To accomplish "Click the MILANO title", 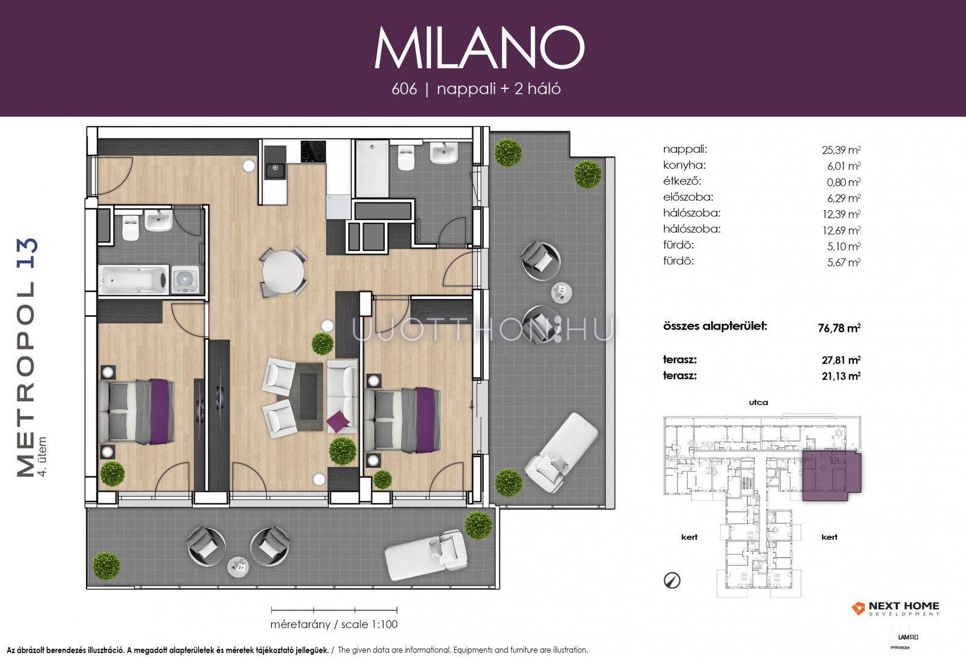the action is pyautogui.click(x=479, y=48).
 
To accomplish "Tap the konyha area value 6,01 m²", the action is pyautogui.click(x=843, y=166).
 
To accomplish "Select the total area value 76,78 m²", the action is pyautogui.click(x=839, y=328).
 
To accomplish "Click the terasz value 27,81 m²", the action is pyautogui.click(x=841, y=359).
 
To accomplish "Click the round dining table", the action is pyautogui.click(x=283, y=272).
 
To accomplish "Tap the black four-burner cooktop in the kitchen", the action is pyautogui.click(x=313, y=151).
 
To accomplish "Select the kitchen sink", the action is pyautogui.click(x=275, y=171).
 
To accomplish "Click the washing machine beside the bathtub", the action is pyautogui.click(x=185, y=280).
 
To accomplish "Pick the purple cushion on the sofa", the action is pyautogui.click(x=338, y=421).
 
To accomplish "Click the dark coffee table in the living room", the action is pyautogui.click(x=308, y=396).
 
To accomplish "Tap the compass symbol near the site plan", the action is pyautogui.click(x=672, y=581).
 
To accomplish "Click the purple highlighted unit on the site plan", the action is pyautogui.click(x=831, y=475).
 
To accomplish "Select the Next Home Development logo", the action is pyautogui.click(x=895, y=609).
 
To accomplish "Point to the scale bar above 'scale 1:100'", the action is pyautogui.click(x=334, y=610).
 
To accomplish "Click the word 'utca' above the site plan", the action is pyautogui.click(x=759, y=402).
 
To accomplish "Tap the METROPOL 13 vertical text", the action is pyautogui.click(x=27, y=358).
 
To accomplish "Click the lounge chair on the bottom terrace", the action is pyautogui.click(x=425, y=556).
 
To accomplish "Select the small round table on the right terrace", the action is pyautogui.click(x=562, y=291).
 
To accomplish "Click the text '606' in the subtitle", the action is pyautogui.click(x=404, y=89).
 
